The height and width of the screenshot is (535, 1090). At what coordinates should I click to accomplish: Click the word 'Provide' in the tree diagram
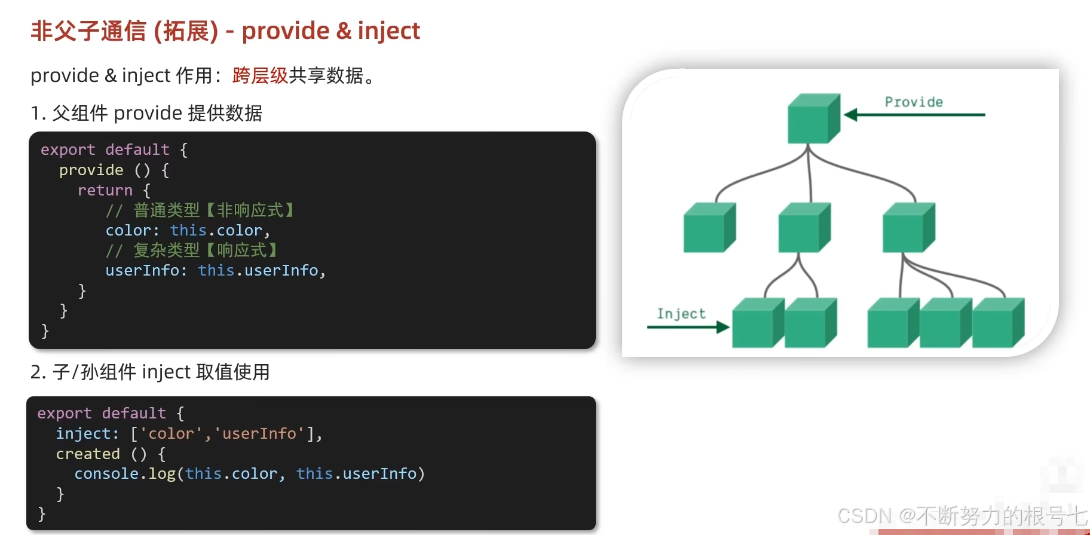coord(914,102)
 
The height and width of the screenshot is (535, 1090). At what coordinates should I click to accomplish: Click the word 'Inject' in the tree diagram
coord(681,314)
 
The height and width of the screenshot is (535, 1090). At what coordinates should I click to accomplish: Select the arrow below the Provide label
coord(914,115)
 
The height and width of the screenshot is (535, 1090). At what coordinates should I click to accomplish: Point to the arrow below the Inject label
coord(688,327)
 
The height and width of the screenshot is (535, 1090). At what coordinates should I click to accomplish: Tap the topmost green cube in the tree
coord(813,119)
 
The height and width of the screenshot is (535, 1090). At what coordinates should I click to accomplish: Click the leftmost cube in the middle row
coord(709,228)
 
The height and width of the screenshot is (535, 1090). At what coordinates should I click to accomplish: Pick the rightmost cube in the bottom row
coord(997,323)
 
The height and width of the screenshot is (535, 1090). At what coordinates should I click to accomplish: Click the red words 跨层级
coord(260,76)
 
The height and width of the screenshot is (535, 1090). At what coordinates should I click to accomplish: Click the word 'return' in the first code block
coord(105,191)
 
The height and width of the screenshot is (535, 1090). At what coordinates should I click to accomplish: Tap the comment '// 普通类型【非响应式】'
coord(200,210)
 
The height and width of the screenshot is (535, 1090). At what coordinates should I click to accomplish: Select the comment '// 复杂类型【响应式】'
coord(192,250)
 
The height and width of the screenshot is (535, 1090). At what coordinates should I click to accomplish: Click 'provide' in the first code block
coord(91,170)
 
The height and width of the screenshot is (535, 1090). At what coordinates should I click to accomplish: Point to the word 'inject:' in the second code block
coord(87,433)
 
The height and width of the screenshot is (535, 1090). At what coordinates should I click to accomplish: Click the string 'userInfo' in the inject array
coord(259,433)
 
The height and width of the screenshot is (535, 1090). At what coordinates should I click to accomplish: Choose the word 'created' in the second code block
coord(88,454)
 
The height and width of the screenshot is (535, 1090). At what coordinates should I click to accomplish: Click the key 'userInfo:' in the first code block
coord(146,271)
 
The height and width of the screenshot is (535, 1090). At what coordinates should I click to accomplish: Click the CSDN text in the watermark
coord(864,516)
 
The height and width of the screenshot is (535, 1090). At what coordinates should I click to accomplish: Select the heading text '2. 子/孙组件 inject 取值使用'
coord(150,372)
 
